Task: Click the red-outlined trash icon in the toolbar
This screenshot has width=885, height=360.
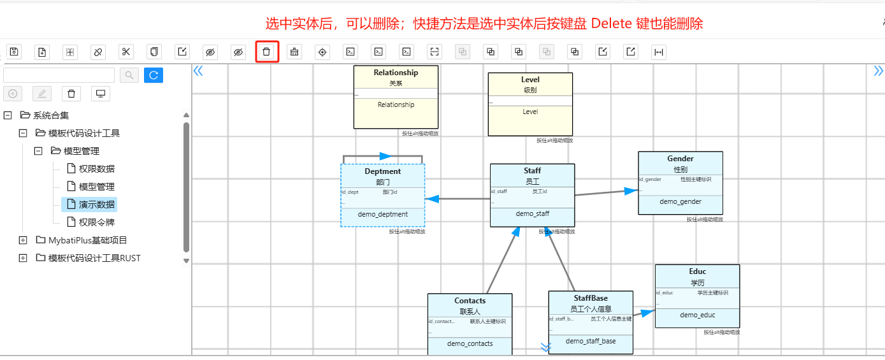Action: tap(266, 52)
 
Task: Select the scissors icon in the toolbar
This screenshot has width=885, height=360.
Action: tap(126, 52)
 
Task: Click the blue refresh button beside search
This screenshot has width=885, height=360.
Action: tap(153, 75)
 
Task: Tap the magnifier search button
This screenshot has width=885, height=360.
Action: tap(129, 75)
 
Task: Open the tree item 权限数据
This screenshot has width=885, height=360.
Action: tap(97, 169)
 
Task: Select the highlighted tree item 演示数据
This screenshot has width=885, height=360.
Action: tap(97, 205)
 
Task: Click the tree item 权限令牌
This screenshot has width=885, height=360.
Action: tap(97, 222)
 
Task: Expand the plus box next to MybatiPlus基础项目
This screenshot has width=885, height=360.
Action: tap(24, 240)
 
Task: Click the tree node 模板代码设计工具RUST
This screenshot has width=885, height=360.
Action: tap(94, 258)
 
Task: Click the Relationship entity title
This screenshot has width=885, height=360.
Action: tap(396, 73)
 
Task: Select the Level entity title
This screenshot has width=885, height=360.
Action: tap(530, 80)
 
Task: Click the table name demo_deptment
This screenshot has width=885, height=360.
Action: tap(382, 214)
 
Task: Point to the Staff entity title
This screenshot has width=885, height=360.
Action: tap(532, 171)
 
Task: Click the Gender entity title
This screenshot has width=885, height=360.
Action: tap(680, 159)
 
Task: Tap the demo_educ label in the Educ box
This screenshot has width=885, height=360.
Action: tap(697, 315)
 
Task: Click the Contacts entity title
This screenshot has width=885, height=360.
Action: tap(470, 301)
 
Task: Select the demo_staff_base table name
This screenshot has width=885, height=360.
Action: tap(591, 341)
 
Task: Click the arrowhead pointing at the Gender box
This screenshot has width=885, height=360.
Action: tap(631, 191)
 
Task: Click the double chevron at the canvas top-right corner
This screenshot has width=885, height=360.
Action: tap(878, 71)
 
